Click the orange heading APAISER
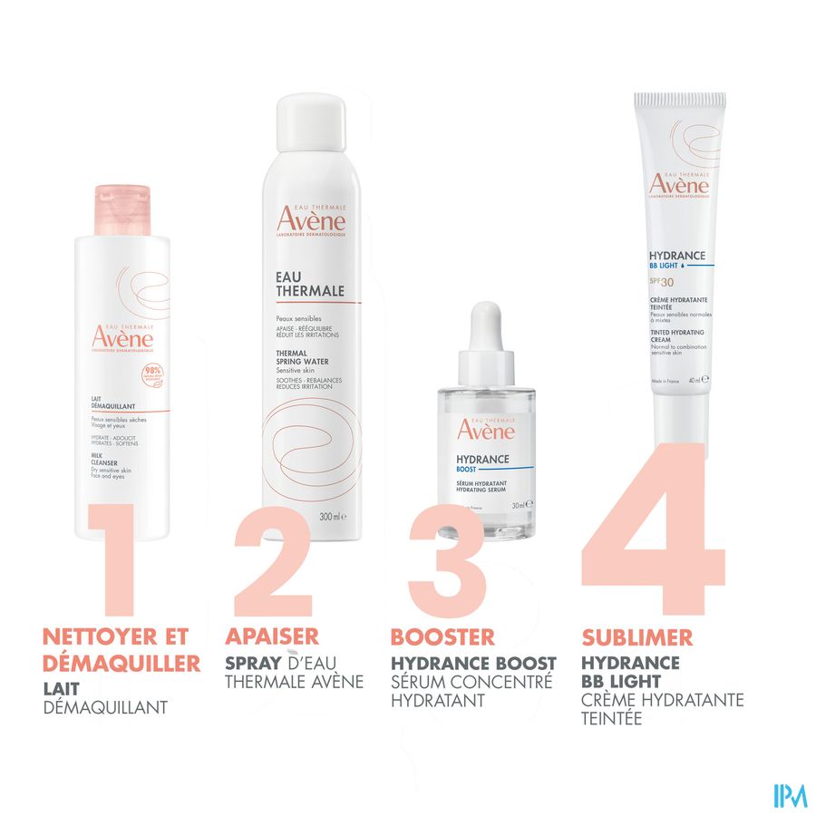tap(272, 636)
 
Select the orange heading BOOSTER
tap(442, 636)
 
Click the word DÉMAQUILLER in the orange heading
tap(121, 664)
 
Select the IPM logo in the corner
tap(790, 795)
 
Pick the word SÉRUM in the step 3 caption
tap(419, 682)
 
